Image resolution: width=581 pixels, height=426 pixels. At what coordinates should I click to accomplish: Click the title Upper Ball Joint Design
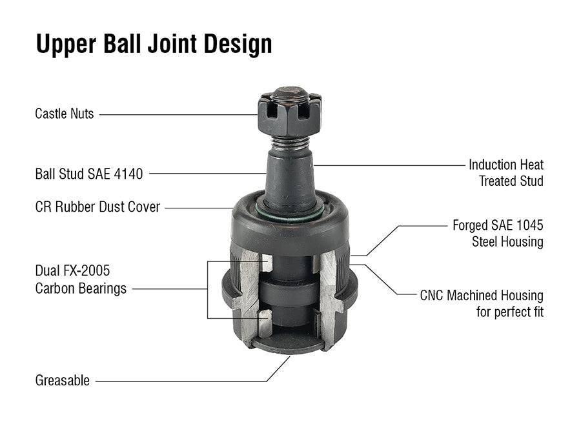[154, 44]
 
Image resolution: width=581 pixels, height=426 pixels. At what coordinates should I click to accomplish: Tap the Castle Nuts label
[65, 114]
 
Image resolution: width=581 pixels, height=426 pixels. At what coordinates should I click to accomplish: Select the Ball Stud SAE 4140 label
[89, 174]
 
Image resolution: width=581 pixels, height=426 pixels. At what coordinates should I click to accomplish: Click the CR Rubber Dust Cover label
[97, 207]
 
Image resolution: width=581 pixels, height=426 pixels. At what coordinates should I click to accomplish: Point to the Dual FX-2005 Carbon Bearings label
[81, 279]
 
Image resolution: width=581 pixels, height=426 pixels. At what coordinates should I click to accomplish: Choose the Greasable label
[62, 380]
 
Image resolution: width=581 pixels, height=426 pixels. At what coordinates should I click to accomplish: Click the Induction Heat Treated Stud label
[506, 173]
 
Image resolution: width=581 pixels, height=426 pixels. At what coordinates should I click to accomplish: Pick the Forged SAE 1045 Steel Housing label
[498, 234]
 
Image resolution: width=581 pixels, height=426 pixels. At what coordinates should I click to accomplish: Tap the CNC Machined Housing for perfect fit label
[482, 303]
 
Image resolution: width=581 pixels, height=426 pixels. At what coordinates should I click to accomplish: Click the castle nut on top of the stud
[290, 112]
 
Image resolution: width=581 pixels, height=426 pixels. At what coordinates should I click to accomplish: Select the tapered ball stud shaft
[290, 177]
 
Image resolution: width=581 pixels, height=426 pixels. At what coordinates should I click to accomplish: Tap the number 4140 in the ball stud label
[128, 174]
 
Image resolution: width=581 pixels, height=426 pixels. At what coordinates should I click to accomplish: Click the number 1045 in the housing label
[529, 225]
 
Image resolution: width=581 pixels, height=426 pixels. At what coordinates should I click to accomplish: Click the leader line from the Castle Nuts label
[179, 114]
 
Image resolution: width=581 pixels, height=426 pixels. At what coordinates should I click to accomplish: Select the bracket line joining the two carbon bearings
[207, 289]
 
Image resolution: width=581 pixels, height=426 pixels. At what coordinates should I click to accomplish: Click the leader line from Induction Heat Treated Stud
[389, 165]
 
